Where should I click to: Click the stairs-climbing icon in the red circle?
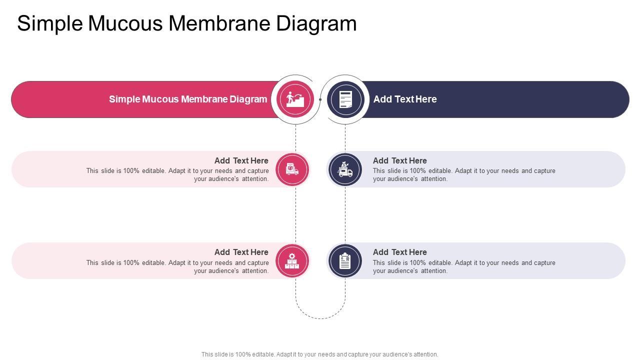coord(295,99)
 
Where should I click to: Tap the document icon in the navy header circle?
coord(345,99)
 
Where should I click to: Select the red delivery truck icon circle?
coord(292,169)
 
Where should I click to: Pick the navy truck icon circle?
coord(345,169)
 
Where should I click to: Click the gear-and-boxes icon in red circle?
coord(292,260)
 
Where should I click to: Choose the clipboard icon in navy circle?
coord(345,260)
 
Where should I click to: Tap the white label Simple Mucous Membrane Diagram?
coord(188,99)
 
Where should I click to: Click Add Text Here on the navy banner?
coord(405,99)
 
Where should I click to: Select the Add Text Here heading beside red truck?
coord(241,160)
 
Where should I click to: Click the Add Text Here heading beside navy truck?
coord(400,160)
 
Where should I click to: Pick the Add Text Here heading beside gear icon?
coord(241,252)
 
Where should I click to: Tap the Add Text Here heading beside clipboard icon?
coord(400,252)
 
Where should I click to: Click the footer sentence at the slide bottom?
coord(320,354)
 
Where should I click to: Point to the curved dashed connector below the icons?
coord(320,318)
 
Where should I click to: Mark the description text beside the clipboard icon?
coord(464,266)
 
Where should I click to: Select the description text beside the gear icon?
coord(177,266)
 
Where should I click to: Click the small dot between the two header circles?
coord(320,99)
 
